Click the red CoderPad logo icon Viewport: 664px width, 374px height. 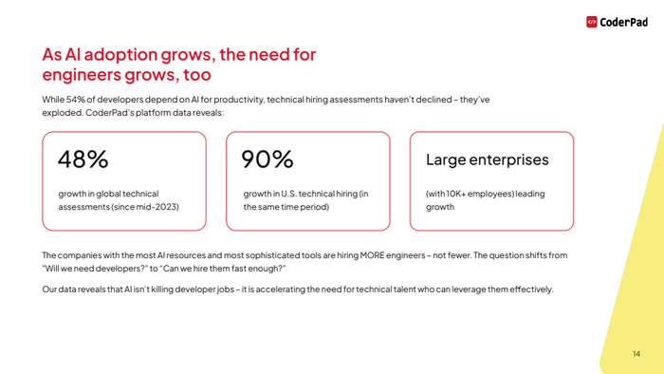[x=592, y=22]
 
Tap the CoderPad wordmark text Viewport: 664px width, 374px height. [x=624, y=22]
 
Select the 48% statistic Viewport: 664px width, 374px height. [x=83, y=159]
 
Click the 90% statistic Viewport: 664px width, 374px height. [x=267, y=159]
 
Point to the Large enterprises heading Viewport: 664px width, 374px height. [x=487, y=160]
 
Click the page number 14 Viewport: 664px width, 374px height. [x=636, y=354]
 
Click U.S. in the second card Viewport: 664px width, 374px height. [x=287, y=194]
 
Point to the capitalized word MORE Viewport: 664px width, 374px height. [x=372, y=255]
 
